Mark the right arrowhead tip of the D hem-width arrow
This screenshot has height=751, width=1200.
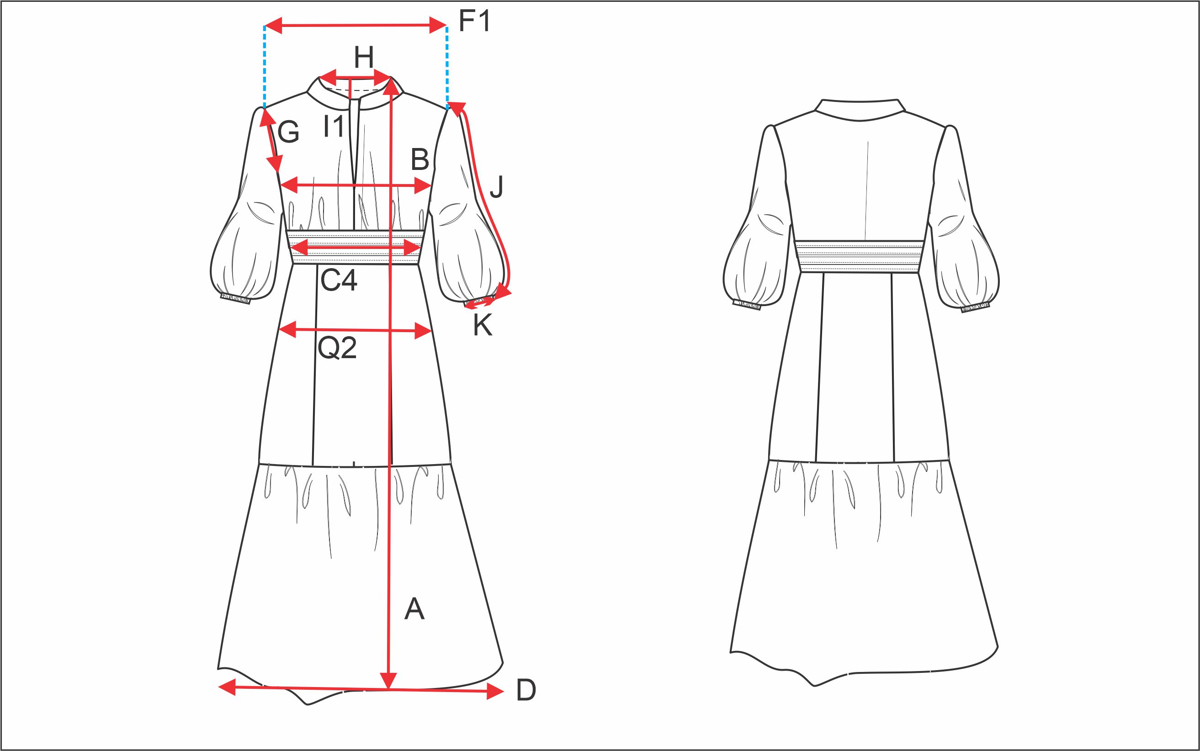504,691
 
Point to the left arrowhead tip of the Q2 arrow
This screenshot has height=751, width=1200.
280,329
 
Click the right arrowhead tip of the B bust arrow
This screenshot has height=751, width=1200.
431,186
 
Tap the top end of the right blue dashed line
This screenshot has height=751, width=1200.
447,27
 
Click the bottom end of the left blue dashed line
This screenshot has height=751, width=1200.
264,107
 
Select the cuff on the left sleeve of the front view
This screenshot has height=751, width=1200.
235,298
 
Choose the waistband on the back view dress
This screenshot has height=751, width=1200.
859,256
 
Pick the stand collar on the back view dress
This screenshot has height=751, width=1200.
860,110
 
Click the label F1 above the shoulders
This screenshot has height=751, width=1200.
474,21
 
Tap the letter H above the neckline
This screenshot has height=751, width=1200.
364,58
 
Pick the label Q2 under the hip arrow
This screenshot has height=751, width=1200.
337,348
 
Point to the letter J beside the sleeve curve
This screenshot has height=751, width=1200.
497,187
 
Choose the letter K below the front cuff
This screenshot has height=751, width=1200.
483,326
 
